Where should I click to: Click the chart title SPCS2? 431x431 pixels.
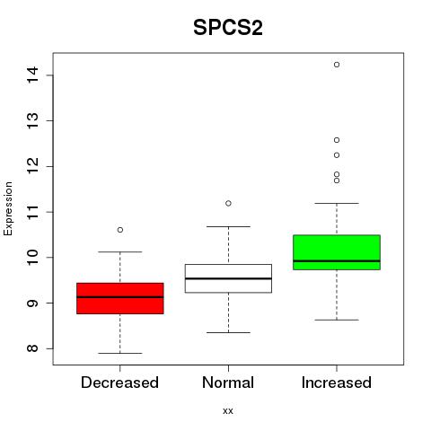point(228,28)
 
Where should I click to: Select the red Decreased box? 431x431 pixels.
point(120,298)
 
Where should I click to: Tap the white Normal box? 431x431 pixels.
point(228,278)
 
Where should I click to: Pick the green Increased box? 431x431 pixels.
point(337,252)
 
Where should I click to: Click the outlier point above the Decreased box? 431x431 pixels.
point(120,230)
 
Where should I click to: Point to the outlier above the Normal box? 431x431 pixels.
point(228,204)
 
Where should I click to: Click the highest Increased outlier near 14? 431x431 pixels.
point(337,65)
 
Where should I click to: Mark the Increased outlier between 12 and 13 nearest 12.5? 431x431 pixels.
point(337,140)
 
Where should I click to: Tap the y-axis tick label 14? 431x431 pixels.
point(32,75)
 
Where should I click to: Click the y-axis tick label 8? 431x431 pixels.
point(32,348)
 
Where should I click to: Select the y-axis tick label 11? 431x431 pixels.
point(32,212)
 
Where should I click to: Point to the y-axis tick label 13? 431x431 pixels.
point(32,120)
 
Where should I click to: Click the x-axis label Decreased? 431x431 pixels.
point(119,383)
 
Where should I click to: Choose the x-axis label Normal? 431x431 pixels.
point(228,383)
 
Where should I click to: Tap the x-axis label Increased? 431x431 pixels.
point(337,383)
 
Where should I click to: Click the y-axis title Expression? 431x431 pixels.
point(8,208)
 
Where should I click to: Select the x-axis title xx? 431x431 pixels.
point(228,411)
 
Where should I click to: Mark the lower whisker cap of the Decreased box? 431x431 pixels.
point(120,353)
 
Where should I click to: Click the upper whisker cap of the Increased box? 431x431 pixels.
point(337,203)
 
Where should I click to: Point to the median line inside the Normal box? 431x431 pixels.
point(228,278)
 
